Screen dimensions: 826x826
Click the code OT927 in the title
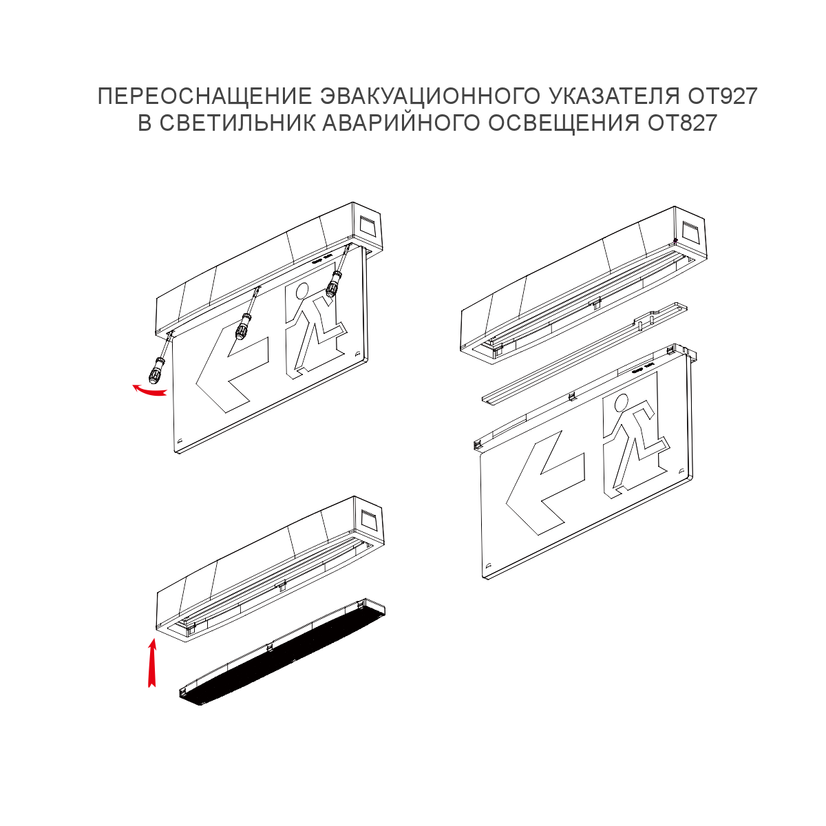(723, 96)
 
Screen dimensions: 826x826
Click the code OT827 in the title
(682, 123)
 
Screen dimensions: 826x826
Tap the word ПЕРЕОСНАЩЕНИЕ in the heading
(205, 96)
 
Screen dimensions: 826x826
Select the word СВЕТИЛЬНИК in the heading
(238, 123)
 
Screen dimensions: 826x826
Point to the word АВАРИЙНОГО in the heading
(401, 123)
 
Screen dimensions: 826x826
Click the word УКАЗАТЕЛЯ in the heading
(614, 96)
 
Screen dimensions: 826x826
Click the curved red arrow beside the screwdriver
(149, 390)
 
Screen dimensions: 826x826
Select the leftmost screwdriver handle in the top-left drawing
(156, 370)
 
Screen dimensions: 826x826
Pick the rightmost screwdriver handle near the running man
(332, 283)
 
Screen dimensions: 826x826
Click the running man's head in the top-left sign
(302, 291)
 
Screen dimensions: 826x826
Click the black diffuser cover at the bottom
(283, 652)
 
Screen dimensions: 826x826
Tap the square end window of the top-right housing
(690, 231)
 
